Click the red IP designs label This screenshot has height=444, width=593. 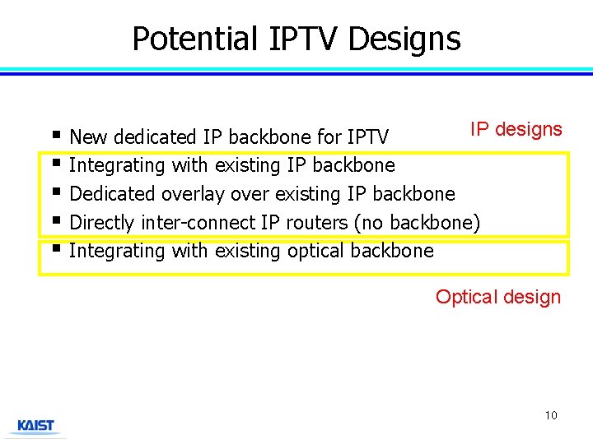click(x=516, y=129)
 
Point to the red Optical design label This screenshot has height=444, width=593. click(x=497, y=297)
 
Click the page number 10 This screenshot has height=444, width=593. click(x=550, y=415)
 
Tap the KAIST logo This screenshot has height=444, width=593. click(x=35, y=426)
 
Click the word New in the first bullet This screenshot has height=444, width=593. click(x=87, y=136)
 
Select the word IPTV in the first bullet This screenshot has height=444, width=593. click(x=368, y=136)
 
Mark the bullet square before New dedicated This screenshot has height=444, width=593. click(x=54, y=134)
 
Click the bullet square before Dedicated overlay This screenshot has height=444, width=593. click(x=54, y=192)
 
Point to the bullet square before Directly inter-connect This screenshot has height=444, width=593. click(x=54, y=220)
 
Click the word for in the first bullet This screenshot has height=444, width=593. click(x=329, y=136)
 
